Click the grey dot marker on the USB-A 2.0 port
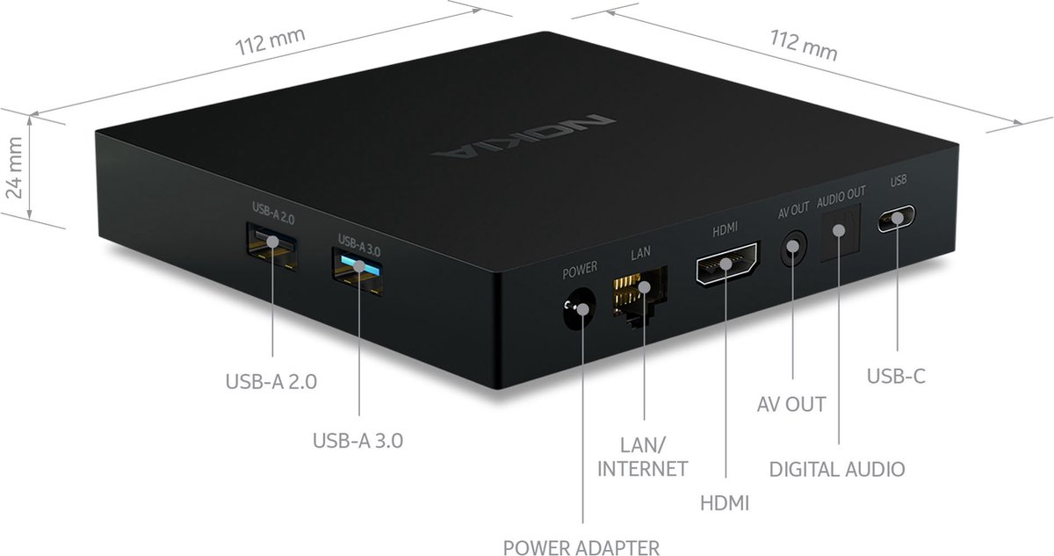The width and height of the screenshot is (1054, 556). (272, 242)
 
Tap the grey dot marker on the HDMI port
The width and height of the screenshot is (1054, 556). (726, 264)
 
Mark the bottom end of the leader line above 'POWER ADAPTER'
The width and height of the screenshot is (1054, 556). (583, 524)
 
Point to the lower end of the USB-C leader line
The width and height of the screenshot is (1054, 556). (897, 350)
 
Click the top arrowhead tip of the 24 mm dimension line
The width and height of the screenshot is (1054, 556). (30, 116)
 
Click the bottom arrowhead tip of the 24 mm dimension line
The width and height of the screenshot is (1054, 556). (30, 220)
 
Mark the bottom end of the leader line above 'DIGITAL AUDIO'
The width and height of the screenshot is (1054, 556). (839, 444)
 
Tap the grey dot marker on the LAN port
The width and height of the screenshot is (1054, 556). (645, 286)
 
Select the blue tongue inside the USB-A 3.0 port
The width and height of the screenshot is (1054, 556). (360, 265)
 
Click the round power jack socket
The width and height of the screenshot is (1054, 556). (579, 308)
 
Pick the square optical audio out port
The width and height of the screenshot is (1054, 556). (841, 232)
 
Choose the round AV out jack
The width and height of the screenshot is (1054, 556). (794, 248)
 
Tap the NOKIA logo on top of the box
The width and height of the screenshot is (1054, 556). (523, 136)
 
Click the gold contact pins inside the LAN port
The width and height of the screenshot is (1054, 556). (626, 290)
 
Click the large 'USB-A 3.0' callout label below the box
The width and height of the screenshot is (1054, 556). (357, 441)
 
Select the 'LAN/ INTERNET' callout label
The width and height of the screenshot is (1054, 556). (642, 457)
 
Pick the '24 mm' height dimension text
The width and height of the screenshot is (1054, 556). (15, 168)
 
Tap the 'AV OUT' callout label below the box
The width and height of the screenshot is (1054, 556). (791, 404)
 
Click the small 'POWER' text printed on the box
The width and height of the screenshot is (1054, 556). (580, 270)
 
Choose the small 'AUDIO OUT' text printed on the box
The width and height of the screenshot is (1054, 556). (841, 198)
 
